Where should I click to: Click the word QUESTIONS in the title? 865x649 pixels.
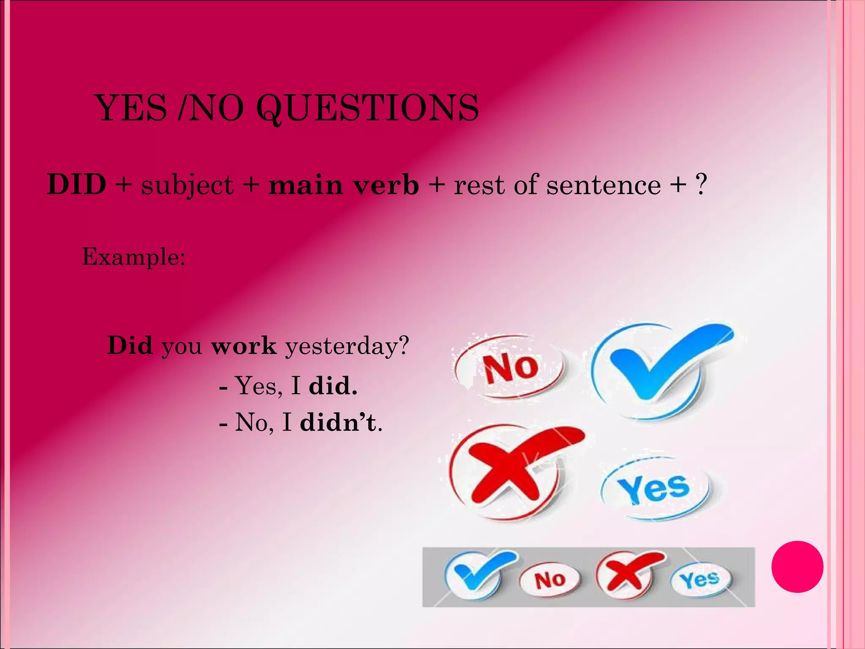(367, 108)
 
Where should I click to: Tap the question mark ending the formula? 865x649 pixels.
(701, 184)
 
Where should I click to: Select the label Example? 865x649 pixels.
(133, 256)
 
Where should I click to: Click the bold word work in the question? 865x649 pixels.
(244, 346)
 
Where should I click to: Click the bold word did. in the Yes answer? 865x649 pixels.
(333, 386)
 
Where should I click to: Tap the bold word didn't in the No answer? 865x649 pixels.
(338, 422)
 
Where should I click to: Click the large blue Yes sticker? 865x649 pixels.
(655, 488)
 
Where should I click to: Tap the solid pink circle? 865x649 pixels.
(797, 567)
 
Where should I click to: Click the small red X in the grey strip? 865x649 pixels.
(627, 573)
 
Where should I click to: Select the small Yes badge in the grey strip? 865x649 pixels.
(700, 579)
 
